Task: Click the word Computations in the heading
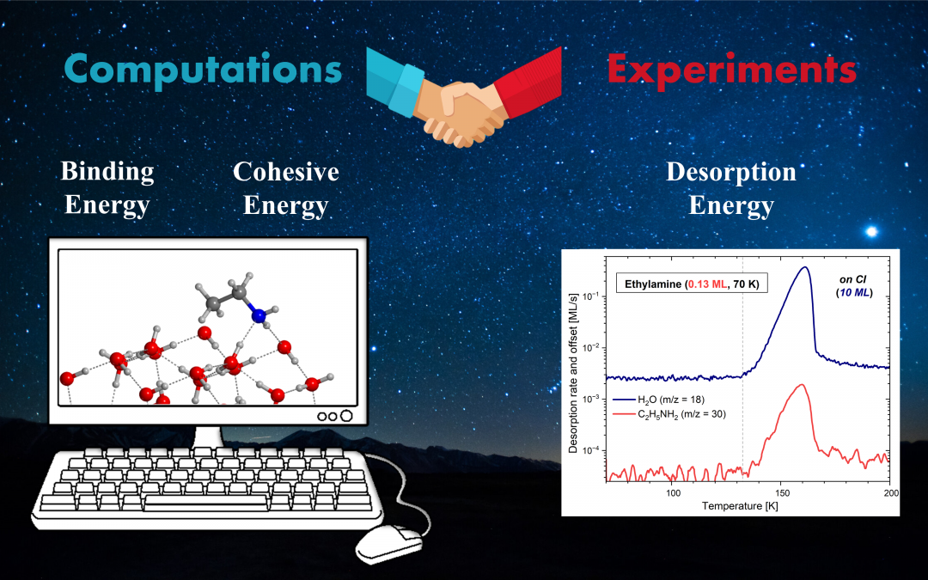203,70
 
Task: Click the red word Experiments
732,70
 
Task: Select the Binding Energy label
107,188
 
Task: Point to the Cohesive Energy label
286,188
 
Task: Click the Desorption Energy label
731,188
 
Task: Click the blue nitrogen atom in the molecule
259,315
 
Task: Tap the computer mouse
389,542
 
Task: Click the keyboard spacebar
205,503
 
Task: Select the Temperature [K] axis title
740,506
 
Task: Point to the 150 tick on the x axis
782,493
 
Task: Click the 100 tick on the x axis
673,493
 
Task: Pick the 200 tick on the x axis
890,493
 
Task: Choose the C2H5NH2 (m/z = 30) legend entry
669,414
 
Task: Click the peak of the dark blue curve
805,267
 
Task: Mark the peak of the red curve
802,385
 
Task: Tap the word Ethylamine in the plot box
653,284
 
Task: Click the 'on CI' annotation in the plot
853,280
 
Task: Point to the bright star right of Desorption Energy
871,231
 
